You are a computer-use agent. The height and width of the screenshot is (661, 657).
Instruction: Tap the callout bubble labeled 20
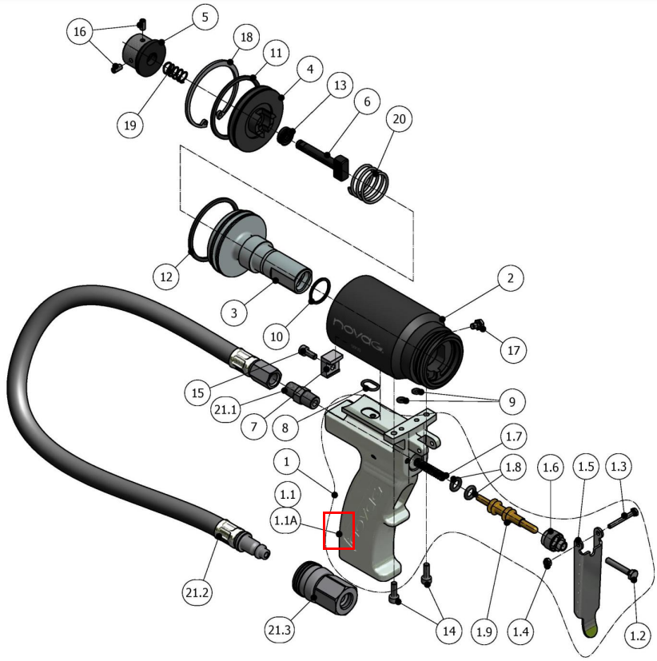click(400, 119)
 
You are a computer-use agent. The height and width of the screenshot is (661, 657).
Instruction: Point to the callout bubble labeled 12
click(166, 277)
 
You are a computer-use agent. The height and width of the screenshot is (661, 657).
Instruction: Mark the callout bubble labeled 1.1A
click(287, 520)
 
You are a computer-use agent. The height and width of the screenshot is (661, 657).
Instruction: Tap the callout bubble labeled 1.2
click(637, 636)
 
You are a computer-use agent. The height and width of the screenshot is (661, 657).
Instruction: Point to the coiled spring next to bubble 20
click(371, 183)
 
